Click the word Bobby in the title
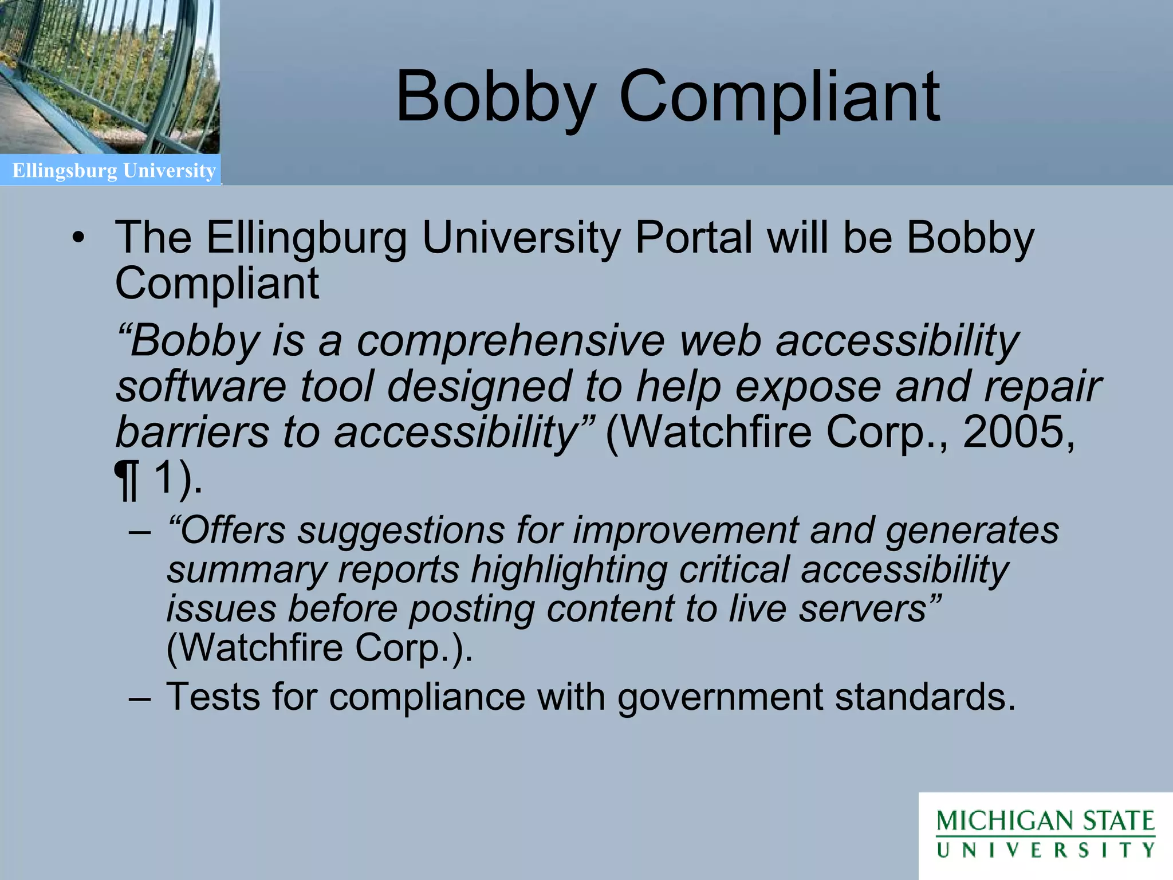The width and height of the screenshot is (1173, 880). [x=495, y=97]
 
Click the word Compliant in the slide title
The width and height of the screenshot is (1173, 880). [x=779, y=97]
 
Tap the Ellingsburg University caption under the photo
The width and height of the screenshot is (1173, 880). [x=114, y=171]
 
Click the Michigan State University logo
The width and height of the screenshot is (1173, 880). [x=1045, y=834]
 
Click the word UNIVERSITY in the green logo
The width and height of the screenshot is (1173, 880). [x=1045, y=850]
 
